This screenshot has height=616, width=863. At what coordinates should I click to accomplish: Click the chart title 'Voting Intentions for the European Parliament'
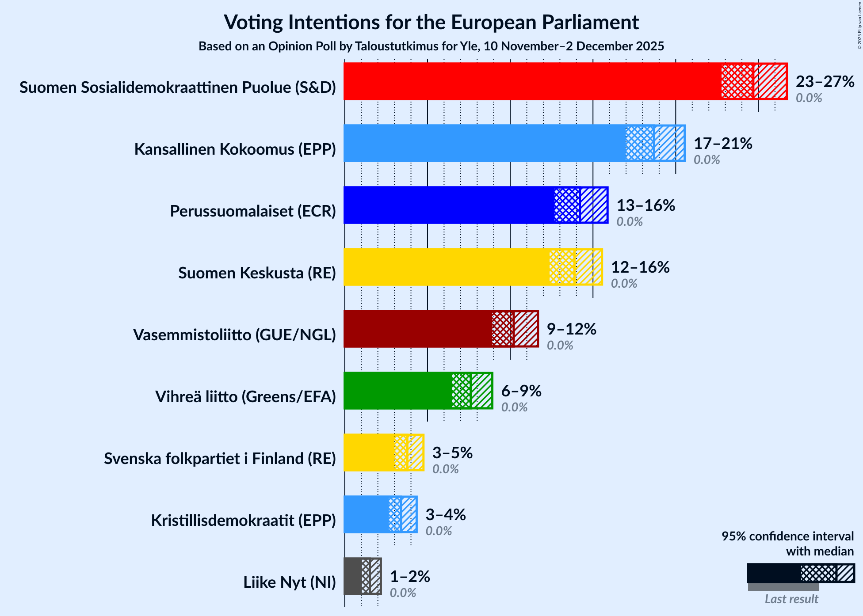pyautogui.click(x=431, y=22)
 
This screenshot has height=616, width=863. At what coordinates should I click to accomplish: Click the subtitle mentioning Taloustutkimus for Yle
pyautogui.click(x=431, y=46)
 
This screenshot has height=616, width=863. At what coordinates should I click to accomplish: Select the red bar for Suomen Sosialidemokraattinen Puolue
pyautogui.click(x=531, y=81)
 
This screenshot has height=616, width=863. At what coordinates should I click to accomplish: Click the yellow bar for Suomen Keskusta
pyautogui.click(x=447, y=267)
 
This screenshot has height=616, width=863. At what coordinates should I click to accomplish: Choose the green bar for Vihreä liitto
pyautogui.click(x=398, y=391)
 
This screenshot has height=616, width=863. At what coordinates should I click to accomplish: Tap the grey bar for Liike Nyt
pyautogui.click(x=353, y=576)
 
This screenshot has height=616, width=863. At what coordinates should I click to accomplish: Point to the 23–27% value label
pyautogui.click(x=825, y=82)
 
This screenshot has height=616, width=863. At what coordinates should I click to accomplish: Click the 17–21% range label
pyautogui.click(x=723, y=144)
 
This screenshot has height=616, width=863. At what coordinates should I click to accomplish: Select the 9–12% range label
pyautogui.click(x=571, y=329)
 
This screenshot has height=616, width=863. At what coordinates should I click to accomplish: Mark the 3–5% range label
pyautogui.click(x=452, y=453)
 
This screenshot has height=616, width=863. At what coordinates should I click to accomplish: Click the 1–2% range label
pyautogui.click(x=410, y=577)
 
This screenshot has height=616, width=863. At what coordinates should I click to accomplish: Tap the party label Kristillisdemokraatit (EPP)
pyautogui.click(x=243, y=521)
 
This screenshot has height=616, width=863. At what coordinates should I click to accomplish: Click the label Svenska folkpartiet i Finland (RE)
pyautogui.click(x=220, y=459)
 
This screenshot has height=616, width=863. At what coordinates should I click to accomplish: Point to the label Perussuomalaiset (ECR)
pyautogui.click(x=253, y=211)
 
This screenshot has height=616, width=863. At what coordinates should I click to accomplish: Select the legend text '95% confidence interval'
pyautogui.click(x=787, y=536)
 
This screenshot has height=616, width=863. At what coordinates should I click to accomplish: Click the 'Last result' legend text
pyautogui.click(x=791, y=599)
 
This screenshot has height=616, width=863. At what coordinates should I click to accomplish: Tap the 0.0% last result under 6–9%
pyautogui.click(x=514, y=407)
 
